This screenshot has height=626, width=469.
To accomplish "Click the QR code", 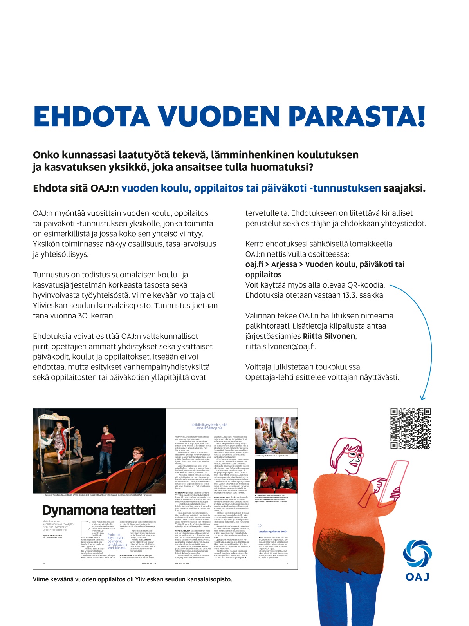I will tap(411, 429).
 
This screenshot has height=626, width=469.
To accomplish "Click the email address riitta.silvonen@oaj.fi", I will tap(281, 346).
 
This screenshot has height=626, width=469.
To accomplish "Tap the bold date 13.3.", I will tap(350, 295).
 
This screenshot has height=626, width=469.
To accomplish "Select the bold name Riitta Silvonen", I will tap(329, 336).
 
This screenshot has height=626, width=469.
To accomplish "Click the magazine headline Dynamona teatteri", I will tap(99, 510).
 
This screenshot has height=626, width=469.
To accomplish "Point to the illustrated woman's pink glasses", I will tap(354, 457).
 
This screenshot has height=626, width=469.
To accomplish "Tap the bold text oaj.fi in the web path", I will tap(254, 264).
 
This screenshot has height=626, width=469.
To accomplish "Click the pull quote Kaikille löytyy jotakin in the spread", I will tap(209, 425).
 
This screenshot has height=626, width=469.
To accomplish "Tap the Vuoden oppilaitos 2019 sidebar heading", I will tap(272, 532).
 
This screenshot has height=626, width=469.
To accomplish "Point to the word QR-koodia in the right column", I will tap(366, 285).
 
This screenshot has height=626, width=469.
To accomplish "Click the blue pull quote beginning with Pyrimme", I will tap(117, 541).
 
